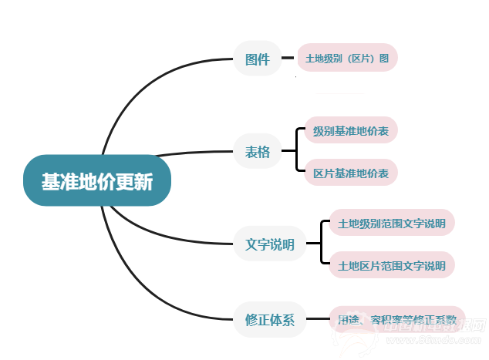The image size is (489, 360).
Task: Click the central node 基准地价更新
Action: pos(97,182)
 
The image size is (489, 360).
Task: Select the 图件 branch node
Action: pos(257,59)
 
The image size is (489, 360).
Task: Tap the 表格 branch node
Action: pos(258,152)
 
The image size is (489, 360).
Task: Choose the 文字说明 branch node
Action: pos(269,245)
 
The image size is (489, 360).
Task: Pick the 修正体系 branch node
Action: pos(269,319)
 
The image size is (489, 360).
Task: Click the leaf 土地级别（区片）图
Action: pos(347,59)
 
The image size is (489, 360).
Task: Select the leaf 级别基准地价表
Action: pos(351,131)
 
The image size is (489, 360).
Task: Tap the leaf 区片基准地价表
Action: pos(351,173)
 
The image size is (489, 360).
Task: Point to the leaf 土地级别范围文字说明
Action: pos(392,224)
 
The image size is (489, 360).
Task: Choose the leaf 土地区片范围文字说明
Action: pos(392,266)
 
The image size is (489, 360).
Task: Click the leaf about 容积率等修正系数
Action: pos(397,319)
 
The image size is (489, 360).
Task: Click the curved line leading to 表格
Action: pos(193,153)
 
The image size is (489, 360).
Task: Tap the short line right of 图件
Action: pos(288,59)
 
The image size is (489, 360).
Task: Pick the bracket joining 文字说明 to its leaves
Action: pos(320,245)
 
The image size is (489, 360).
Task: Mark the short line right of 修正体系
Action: pos(316,319)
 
